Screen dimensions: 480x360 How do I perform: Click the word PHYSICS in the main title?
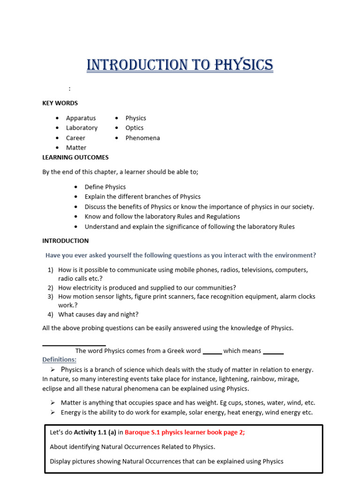click(x=243, y=65)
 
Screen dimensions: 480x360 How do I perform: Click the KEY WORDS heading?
click(x=60, y=103)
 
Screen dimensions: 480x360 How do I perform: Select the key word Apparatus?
click(x=81, y=118)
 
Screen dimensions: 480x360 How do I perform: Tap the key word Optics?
click(x=135, y=128)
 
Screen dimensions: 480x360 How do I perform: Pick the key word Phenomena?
click(x=142, y=138)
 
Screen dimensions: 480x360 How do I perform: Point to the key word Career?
click(x=75, y=138)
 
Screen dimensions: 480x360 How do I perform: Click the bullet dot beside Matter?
click(x=57, y=148)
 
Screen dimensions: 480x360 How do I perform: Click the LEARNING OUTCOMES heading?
click(x=75, y=157)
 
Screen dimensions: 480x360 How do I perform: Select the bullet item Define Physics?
click(x=105, y=187)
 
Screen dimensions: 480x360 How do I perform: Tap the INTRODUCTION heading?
click(x=65, y=241)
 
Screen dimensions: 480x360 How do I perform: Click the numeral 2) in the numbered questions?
click(x=51, y=288)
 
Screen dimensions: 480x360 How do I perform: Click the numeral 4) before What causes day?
click(x=51, y=315)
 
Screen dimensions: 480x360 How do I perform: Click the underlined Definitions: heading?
click(x=60, y=360)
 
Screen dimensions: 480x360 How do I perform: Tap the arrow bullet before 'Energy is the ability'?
click(x=53, y=412)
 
